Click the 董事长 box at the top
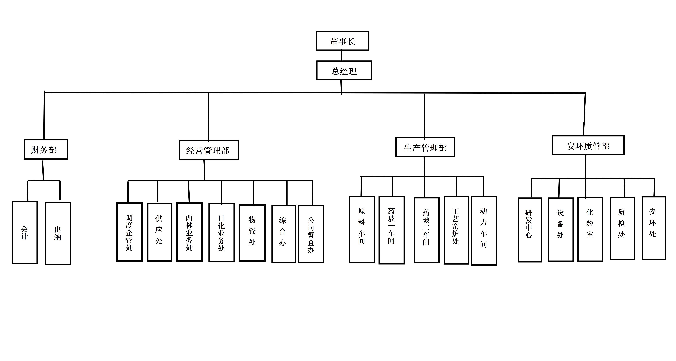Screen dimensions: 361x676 tap(342, 41)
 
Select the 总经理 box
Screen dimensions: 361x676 tap(344, 71)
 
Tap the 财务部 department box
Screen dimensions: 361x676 tap(46, 149)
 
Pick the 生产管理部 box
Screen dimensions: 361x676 tap(425, 147)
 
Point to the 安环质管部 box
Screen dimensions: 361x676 tap(588, 145)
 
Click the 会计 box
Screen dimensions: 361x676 tap(25, 233)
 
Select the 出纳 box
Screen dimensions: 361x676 tap(58, 233)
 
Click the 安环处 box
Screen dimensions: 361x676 tap(653, 228)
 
